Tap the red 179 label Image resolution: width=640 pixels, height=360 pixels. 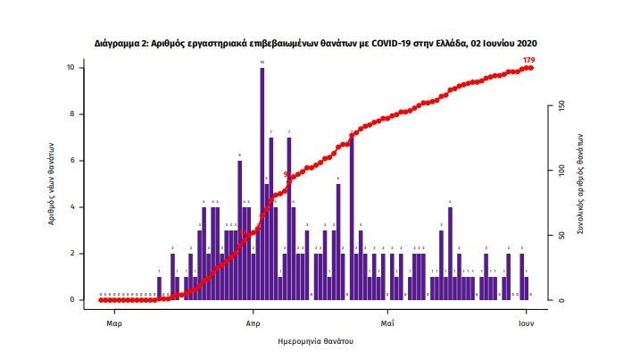tap(528, 60)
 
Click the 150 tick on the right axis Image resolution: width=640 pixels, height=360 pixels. tap(561, 105)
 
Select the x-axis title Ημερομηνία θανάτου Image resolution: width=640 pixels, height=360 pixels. tap(317, 340)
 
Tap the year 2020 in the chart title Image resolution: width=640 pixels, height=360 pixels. tap(525, 42)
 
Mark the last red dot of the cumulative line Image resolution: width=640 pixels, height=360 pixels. tap(530, 67)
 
